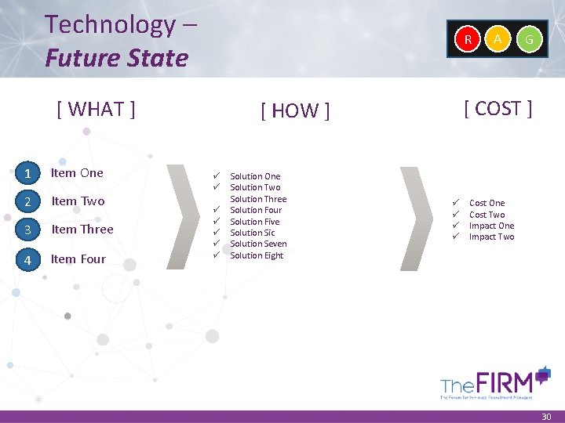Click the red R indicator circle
click(468, 38)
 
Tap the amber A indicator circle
click(498, 38)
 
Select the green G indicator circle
click(530, 38)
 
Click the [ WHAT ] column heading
click(97, 109)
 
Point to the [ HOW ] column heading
click(295, 111)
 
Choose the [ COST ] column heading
click(498, 108)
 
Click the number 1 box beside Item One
click(27, 173)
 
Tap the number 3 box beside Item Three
click(27, 230)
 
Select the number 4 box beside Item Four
click(27, 259)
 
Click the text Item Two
click(78, 201)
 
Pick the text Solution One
click(255, 176)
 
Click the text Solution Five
click(255, 222)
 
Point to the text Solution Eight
click(257, 255)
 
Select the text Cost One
click(487, 203)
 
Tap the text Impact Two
click(492, 237)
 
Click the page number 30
click(547, 418)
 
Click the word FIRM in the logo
click(509, 383)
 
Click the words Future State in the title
click(117, 58)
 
